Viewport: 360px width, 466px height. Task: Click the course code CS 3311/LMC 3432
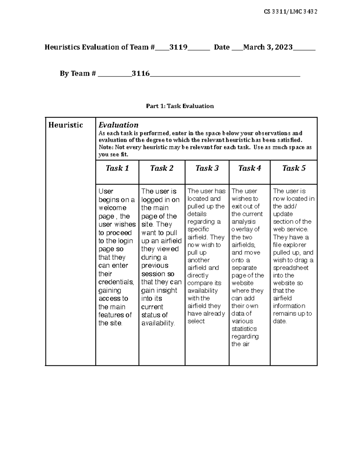click(290, 12)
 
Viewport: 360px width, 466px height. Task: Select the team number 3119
click(178, 47)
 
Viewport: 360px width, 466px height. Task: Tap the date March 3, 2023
click(268, 47)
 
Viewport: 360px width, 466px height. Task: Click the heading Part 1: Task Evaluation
click(180, 106)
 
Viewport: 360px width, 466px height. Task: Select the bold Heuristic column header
click(65, 125)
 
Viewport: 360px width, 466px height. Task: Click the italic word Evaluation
click(118, 125)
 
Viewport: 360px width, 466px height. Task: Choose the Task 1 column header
click(117, 168)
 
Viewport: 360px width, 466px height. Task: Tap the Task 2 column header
click(162, 168)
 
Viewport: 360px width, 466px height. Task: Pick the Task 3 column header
click(207, 168)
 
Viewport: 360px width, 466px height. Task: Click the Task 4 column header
click(249, 168)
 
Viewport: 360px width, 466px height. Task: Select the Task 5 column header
click(294, 168)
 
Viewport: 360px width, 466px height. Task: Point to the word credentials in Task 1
click(116, 282)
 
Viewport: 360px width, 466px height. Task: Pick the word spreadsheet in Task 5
click(291, 268)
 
